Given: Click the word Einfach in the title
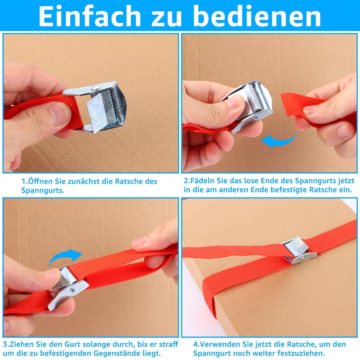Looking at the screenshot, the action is [90, 16].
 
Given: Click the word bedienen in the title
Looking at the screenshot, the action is [257, 16].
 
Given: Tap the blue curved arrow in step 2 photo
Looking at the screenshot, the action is [278, 140].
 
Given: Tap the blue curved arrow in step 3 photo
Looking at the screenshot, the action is [65, 257].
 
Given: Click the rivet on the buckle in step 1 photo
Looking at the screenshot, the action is [96, 87].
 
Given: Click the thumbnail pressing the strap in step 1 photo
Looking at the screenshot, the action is [60, 114].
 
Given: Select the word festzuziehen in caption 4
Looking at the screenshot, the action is [301, 353].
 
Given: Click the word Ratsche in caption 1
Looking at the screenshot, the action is [129, 181].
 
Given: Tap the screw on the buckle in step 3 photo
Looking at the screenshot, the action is [72, 290].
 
